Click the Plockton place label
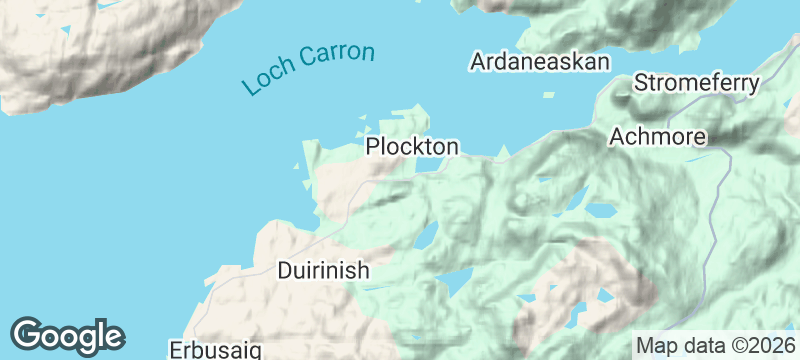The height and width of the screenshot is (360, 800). pyautogui.click(x=412, y=147)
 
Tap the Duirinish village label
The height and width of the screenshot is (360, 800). pyautogui.click(x=323, y=270)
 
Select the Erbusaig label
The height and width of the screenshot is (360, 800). pyautogui.click(x=216, y=350)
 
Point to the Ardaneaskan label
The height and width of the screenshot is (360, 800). pyautogui.click(x=540, y=62)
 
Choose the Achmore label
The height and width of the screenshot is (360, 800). pyautogui.click(x=658, y=136)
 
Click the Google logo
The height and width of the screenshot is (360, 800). pyautogui.click(x=68, y=335)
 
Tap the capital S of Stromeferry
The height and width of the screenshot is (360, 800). pyautogui.click(x=642, y=82)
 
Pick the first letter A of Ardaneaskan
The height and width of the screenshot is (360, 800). pyautogui.click(x=478, y=62)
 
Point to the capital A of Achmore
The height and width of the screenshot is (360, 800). pyautogui.click(x=617, y=136)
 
